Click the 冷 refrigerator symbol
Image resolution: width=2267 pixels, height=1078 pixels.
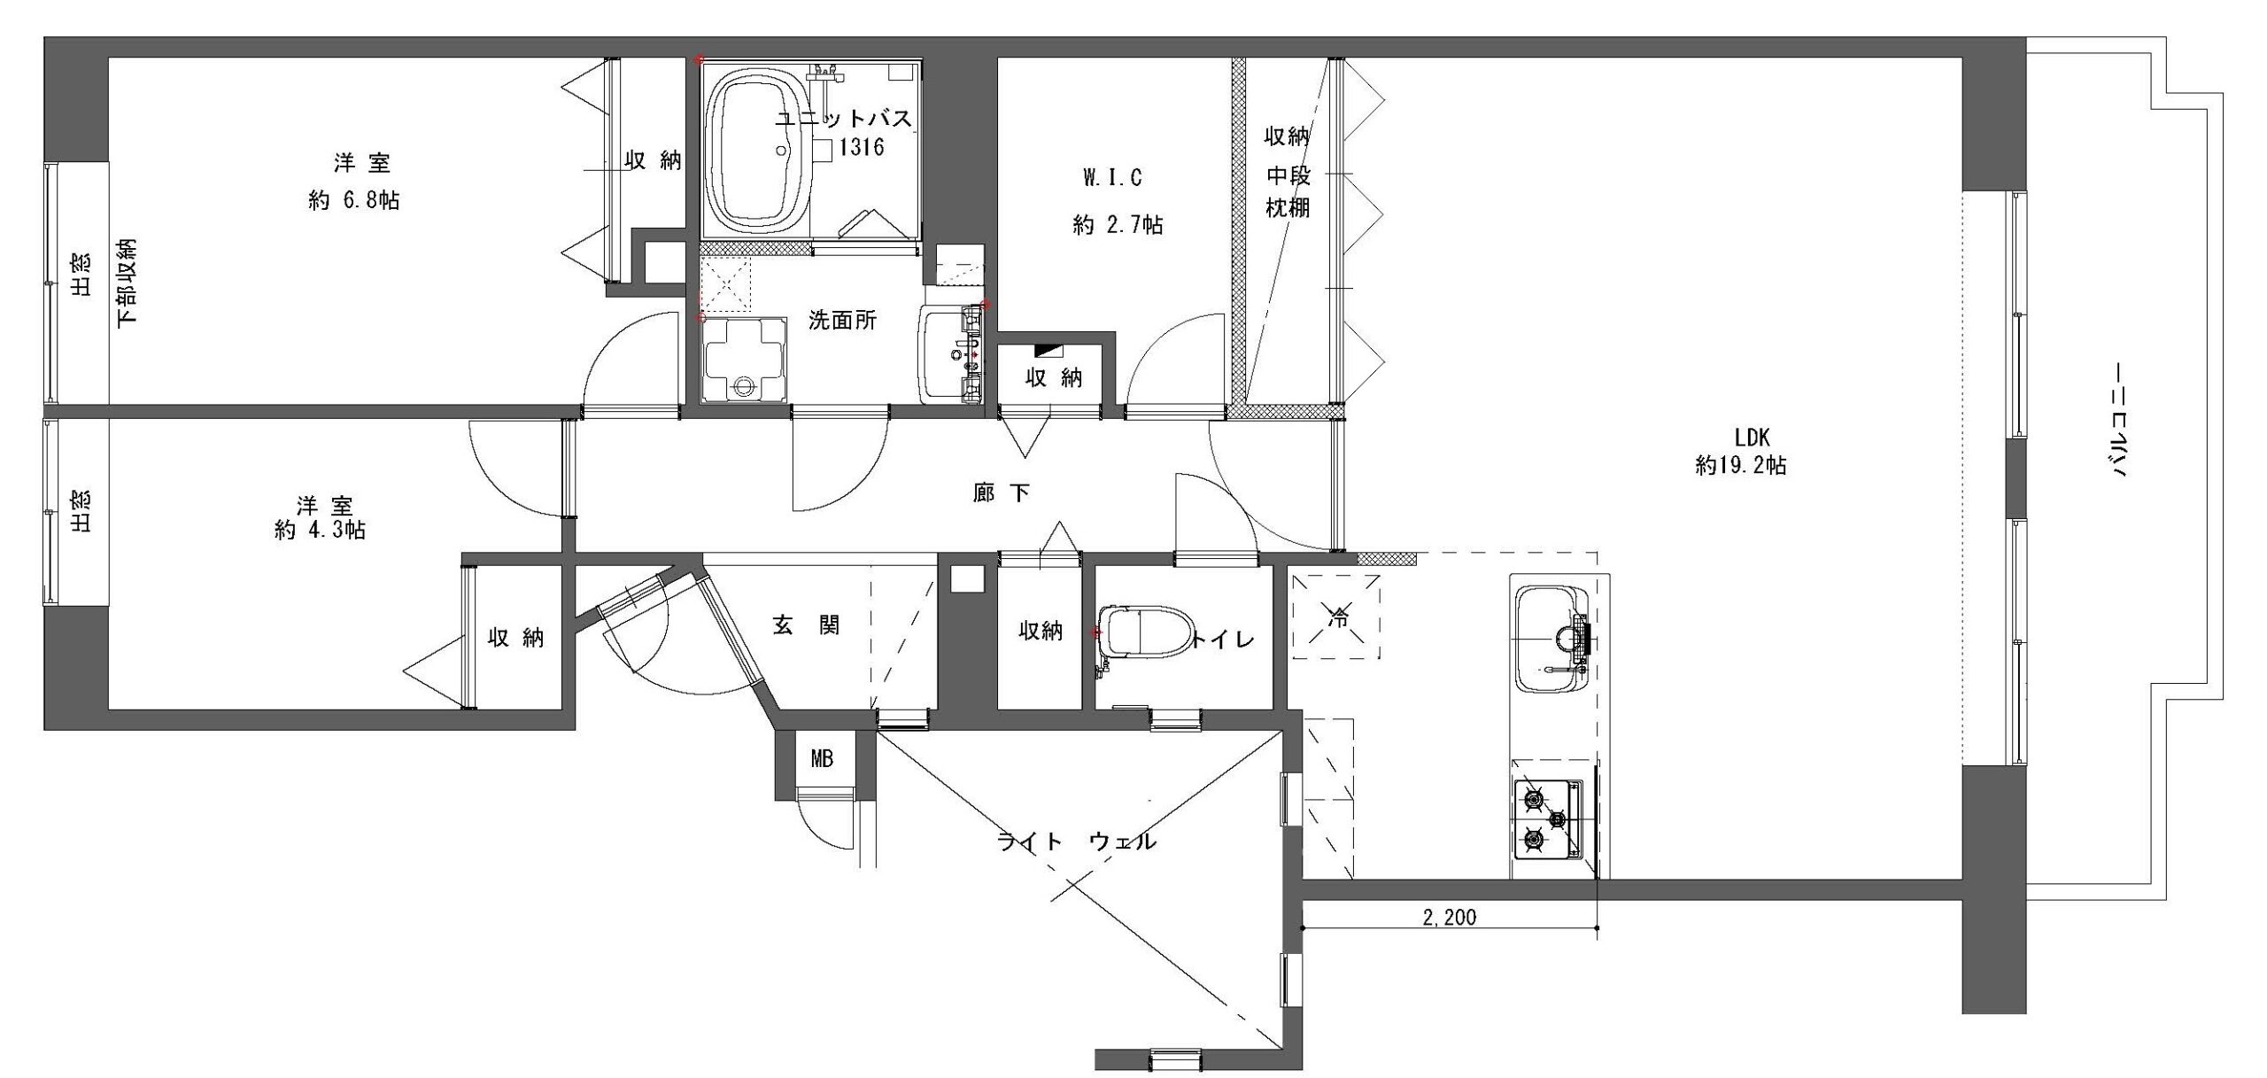tap(1335, 617)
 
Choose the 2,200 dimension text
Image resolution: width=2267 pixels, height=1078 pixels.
tap(1450, 918)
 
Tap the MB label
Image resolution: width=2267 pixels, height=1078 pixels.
tap(822, 759)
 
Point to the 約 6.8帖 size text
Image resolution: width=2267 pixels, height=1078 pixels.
tap(354, 201)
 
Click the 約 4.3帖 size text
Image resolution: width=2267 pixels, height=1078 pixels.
tap(321, 531)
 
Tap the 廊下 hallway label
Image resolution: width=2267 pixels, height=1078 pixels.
tap(1002, 492)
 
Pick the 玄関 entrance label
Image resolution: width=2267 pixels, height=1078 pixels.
tap(806, 625)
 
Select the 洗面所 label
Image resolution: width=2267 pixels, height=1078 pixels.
tap(842, 320)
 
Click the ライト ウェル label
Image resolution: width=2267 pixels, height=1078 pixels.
tap(1077, 841)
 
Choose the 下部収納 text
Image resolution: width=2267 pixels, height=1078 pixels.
tap(128, 282)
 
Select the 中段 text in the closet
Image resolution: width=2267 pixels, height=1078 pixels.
tap(1287, 175)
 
